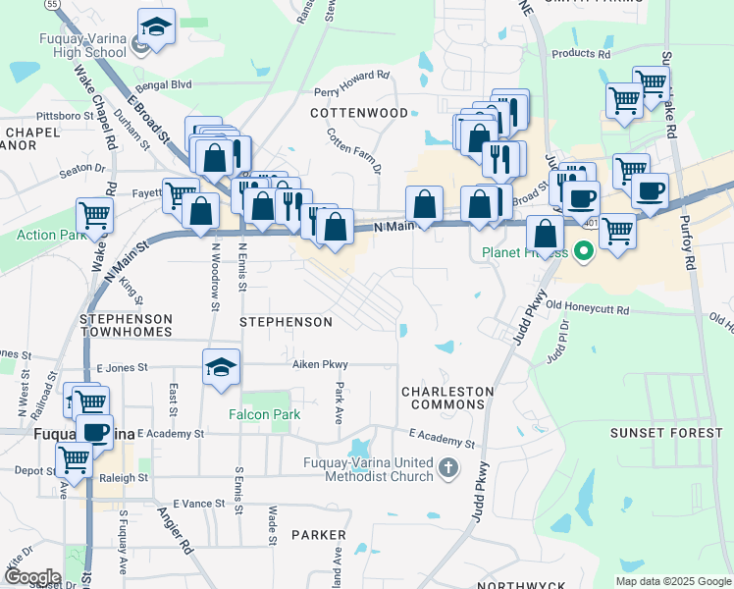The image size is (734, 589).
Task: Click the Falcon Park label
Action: [265, 415]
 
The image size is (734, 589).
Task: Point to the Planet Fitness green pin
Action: [584, 252]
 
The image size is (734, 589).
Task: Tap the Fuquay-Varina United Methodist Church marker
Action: [449, 467]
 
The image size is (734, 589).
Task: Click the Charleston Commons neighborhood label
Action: [446, 398]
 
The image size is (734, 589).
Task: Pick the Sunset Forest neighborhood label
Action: [653, 433]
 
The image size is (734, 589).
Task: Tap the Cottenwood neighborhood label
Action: [359, 113]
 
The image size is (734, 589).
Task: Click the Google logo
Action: [31, 576]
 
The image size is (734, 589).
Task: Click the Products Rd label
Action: [581, 55]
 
